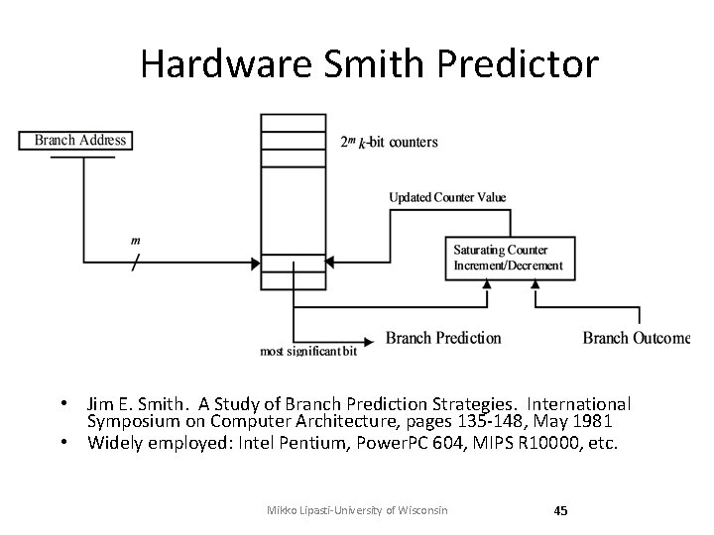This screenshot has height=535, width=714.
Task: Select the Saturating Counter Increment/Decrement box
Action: tap(508, 258)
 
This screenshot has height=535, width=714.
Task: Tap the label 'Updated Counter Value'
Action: tap(447, 197)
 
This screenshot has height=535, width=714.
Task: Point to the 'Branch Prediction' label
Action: tap(443, 339)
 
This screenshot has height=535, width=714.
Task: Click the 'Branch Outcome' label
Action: tap(636, 339)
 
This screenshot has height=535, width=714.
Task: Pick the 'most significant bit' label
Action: tap(307, 351)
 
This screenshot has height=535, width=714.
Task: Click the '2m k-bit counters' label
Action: tap(388, 142)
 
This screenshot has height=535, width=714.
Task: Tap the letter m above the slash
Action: tap(135, 241)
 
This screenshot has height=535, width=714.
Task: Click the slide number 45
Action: tap(560, 510)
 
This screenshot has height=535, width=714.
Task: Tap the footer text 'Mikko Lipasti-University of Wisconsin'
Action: tap(358, 510)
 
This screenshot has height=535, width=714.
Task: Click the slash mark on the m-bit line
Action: tap(135, 264)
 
